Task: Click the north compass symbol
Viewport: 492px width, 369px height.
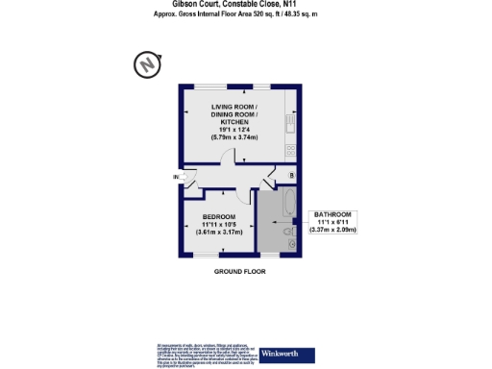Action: tap(146, 65)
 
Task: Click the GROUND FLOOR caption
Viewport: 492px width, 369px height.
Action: tap(240, 272)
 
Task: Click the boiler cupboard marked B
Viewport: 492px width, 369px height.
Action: tap(292, 176)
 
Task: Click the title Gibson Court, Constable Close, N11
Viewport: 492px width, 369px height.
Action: tap(241, 5)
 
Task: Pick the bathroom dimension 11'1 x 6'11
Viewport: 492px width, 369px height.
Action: tap(333, 222)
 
